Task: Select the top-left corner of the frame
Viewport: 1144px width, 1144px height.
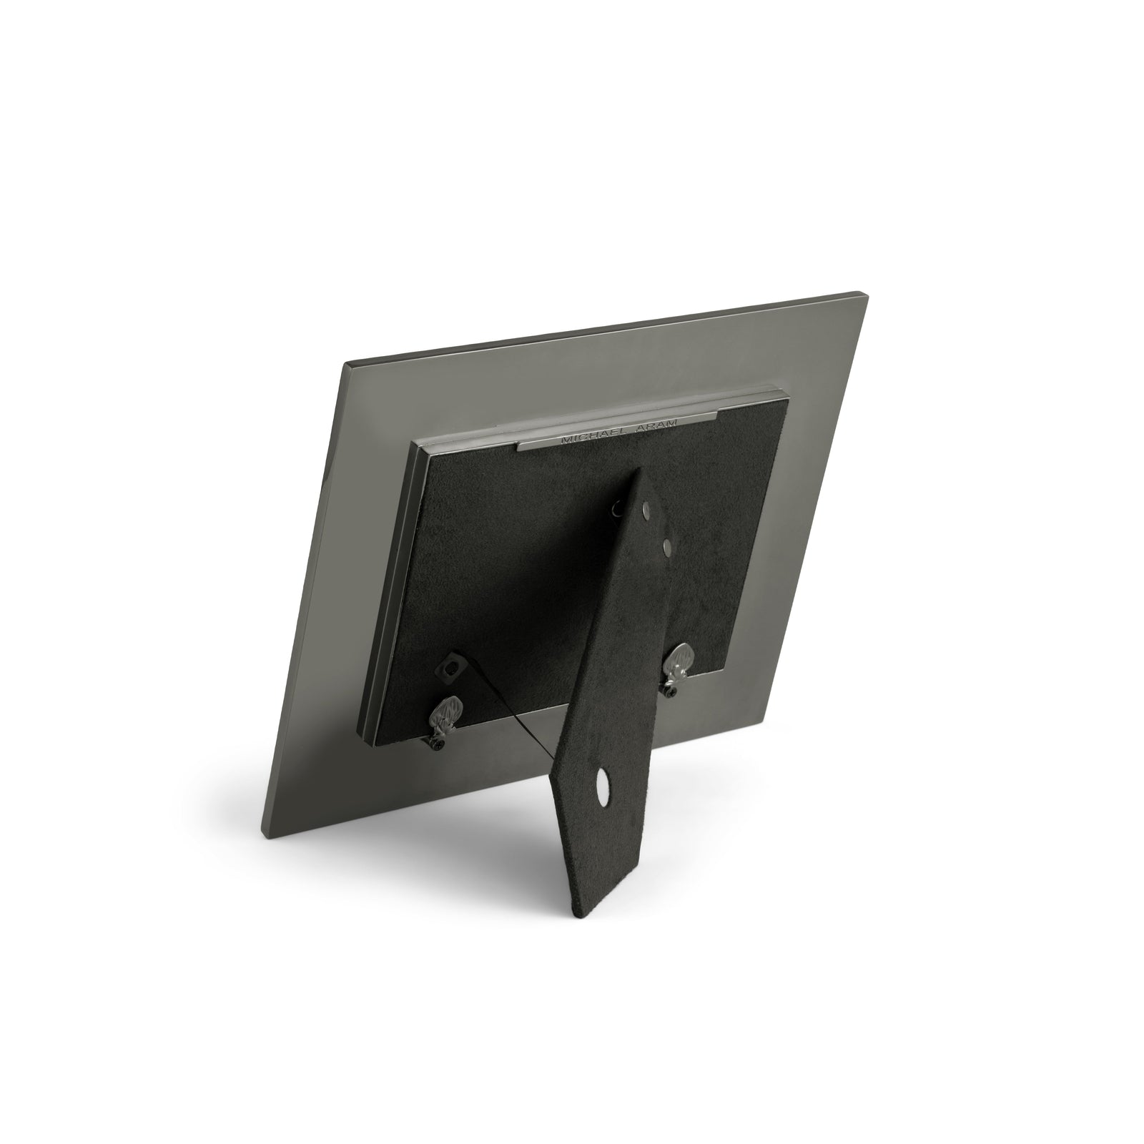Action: click(x=347, y=364)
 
